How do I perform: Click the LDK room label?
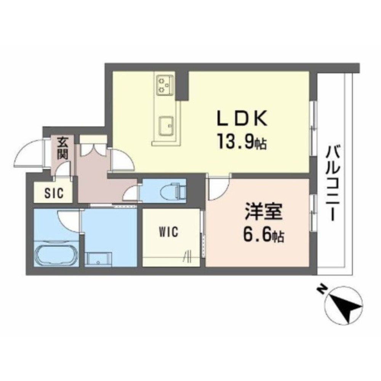242,119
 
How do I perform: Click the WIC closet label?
169,231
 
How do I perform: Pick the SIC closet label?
54,193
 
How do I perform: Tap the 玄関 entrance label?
62,148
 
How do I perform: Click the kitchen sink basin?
166,126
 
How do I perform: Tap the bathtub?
56,254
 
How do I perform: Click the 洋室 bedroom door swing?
218,187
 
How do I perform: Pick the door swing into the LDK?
122,160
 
